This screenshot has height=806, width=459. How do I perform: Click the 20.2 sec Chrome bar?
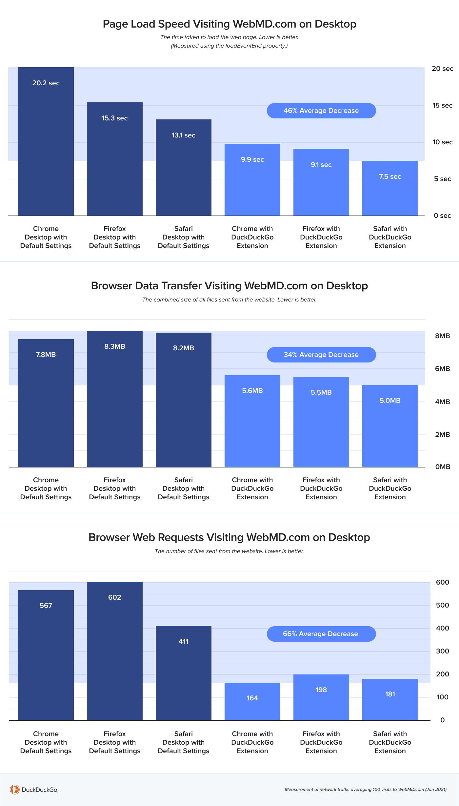pos(46,141)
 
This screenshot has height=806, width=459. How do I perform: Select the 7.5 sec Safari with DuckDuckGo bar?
pos(390,188)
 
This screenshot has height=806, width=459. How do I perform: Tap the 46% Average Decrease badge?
pos(321,111)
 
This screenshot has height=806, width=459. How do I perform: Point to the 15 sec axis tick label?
pos(442,105)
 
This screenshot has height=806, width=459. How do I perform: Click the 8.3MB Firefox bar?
pos(115,399)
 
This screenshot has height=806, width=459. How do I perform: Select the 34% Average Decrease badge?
pos(321,355)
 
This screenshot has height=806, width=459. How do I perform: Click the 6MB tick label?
pos(442,369)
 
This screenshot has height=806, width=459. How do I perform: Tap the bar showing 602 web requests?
pos(115,651)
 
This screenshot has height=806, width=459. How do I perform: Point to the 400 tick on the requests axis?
pos(442,628)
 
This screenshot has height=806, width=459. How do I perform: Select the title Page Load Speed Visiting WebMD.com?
pos(229,24)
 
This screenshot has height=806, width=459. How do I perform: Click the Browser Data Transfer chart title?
pos(229,286)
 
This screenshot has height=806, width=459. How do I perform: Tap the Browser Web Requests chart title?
pos(229,537)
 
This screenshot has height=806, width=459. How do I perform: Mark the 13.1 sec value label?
pos(184,135)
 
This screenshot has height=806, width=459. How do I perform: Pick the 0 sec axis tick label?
pos(442,216)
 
